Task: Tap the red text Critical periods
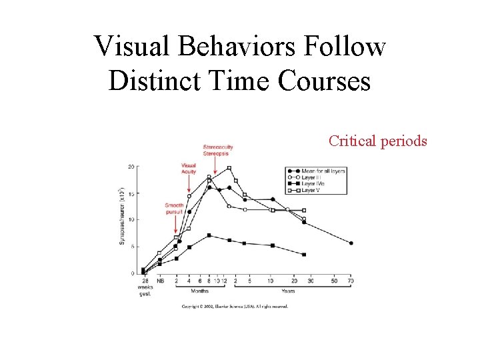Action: (x=378, y=141)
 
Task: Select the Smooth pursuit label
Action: (x=174, y=208)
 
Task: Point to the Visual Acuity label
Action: (x=188, y=168)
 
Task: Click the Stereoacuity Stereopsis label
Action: (x=218, y=150)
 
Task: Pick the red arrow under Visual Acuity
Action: (x=189, y=184)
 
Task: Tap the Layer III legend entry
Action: (x=311, y=178)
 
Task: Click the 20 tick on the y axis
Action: (x=131, y=166)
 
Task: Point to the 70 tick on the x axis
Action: (x=351, y=281)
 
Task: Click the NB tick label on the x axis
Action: (x=160, y=281)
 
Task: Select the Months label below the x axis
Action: (x=200, y=291)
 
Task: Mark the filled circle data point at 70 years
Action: (x=351, y=243)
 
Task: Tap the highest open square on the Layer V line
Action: (x=229, y=168)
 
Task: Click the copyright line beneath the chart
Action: (x=234, y=307)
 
